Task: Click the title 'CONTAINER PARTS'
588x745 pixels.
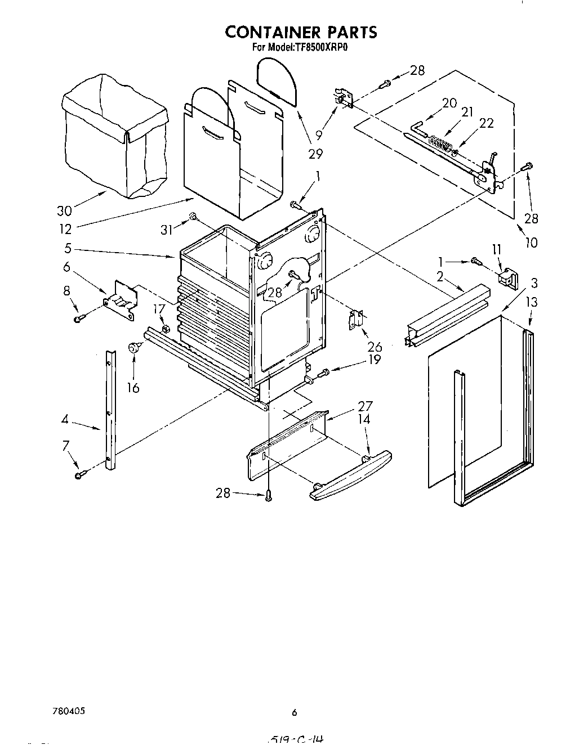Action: click(x=301, y=32)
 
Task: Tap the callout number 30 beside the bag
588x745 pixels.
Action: click(x=64, y=210)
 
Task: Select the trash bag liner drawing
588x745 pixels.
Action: click(x=115, y=135)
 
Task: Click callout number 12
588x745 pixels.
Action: click(x=65, y=228)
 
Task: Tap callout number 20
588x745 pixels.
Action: click(x=449, y=103)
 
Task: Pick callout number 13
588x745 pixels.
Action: click(x=531, y=302)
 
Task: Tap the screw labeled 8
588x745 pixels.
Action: click(x=79, y=319)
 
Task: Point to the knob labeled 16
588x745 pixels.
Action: click(x=135, y=348)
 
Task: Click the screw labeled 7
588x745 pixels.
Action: click(x=79, y=475)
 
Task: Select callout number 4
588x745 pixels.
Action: click(x=65, y=419)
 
